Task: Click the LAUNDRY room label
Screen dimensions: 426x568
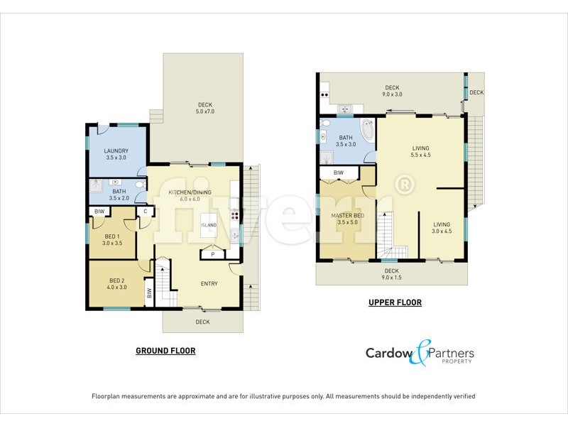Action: coord(116,151)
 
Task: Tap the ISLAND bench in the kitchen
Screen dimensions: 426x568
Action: coord(209,225)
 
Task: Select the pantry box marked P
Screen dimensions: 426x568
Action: coord(212,253)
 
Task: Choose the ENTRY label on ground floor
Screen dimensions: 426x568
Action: coord(209,284)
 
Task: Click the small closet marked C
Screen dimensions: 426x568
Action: coord(146,211)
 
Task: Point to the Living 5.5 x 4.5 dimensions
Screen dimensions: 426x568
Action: coord(421,155)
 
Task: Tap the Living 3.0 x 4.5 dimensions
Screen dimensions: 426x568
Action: coord(442,231)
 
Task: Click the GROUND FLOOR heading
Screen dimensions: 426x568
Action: coord(165,351)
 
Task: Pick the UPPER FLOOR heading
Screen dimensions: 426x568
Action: coord(395,302)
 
